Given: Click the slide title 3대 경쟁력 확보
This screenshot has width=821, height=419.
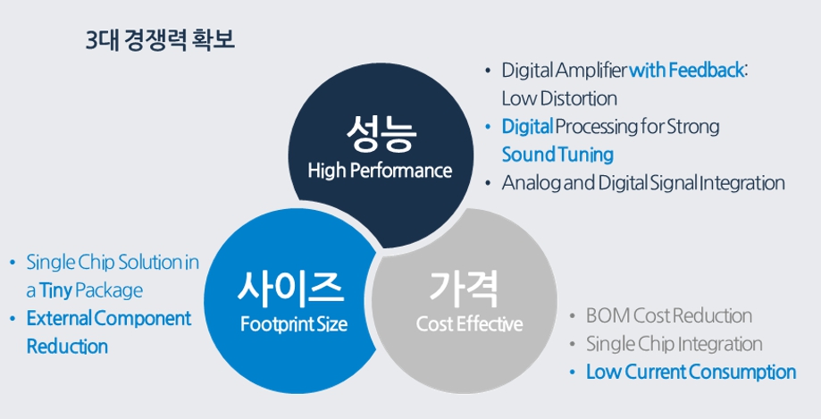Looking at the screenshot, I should [x=161, y=40].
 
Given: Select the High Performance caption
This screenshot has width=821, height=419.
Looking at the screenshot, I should [x=380, y=171].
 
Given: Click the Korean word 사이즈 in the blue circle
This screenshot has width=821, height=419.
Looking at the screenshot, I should [x=291, y=288].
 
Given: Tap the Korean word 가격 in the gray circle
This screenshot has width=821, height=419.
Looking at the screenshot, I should [x=464, y=288].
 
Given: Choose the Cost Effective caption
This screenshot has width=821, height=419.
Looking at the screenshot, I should [x=469, y=323].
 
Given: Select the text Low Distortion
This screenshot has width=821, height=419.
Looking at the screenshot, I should [x=559, y=98].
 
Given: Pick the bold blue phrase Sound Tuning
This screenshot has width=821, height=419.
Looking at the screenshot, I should [x=557, y=155].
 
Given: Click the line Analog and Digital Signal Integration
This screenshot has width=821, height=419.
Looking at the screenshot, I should [x=643, y=183].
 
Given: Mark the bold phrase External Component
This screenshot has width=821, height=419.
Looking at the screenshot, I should [x=109, y=319].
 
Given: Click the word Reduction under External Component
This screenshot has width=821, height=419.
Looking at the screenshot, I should [x=67, y=347].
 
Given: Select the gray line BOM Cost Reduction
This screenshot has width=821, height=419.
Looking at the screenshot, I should [x=669, y=316].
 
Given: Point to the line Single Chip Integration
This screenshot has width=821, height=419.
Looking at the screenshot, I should [x=674, y=344].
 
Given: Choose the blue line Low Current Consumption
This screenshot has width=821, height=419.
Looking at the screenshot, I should [x=691, y=373].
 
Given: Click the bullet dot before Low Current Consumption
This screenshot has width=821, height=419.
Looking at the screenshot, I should [x=573, y=373].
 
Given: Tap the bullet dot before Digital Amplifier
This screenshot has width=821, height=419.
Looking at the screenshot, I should [x=488, y=70].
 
